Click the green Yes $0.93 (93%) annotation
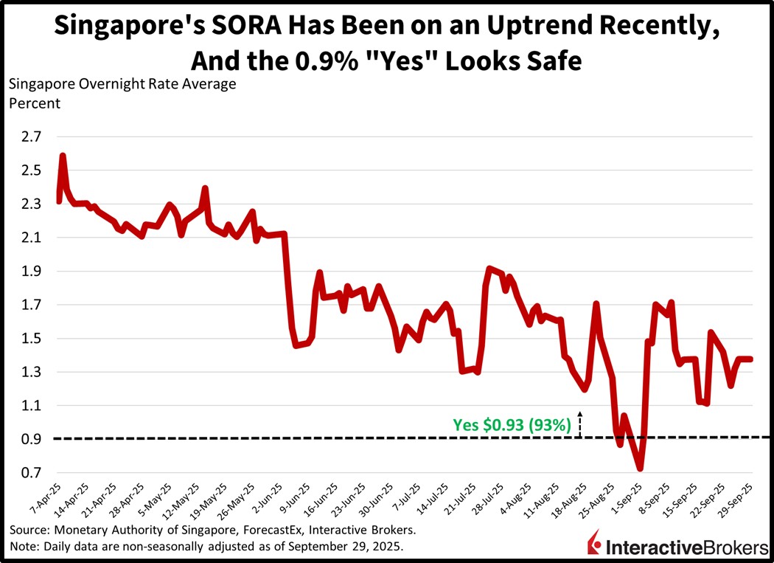pos(511,424)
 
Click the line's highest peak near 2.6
pos(63,156)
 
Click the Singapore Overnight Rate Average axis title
pos(122,83)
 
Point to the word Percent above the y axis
pos(34,103)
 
